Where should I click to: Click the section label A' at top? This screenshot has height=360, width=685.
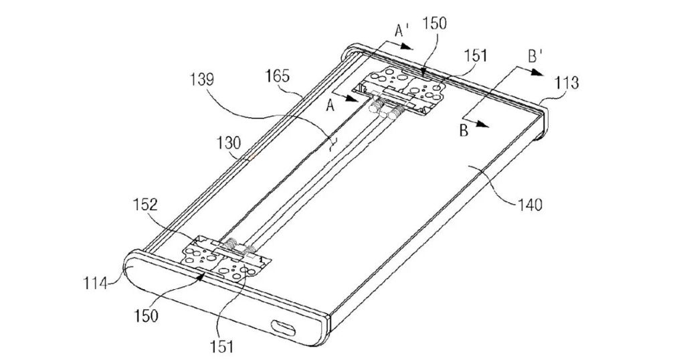point(403,30)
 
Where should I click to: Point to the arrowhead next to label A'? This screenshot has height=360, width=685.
point(409,48)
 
